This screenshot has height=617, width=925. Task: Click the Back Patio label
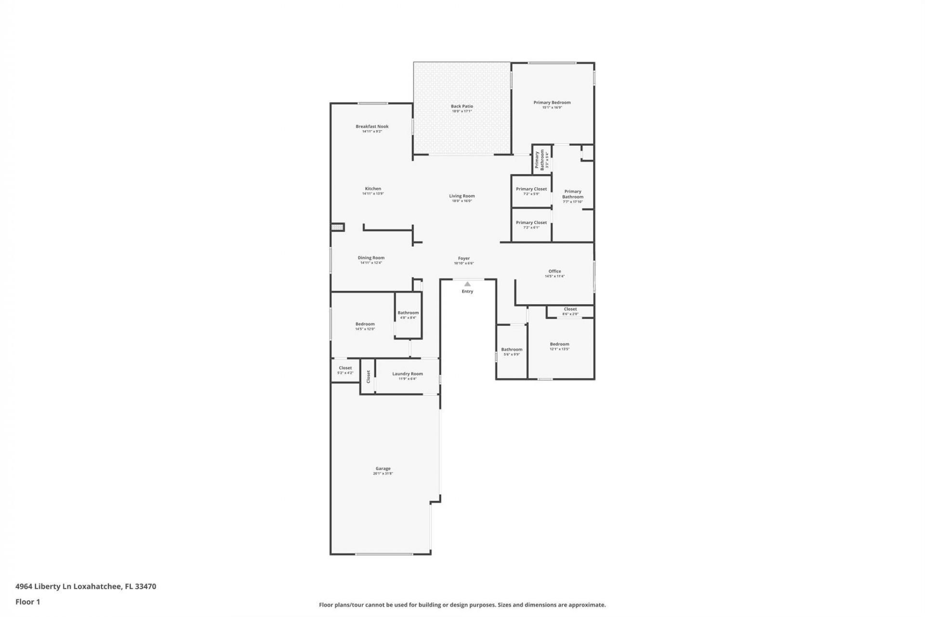[x=462, y=107]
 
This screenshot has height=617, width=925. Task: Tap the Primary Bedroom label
[x=552, y=103]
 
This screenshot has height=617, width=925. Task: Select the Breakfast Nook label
[x=372, y=127]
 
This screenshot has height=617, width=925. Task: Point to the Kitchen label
[x=373, y=189]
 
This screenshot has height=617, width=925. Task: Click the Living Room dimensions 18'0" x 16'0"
[x=462, y=201]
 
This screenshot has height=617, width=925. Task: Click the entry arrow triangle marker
[x=467, y=284]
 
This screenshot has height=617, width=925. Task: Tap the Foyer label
[x=463, y=258]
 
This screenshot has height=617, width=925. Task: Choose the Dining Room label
[x=371, y=258]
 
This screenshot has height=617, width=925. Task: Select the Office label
[x=555, y=271]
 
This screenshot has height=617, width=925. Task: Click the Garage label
[x=383, y=469]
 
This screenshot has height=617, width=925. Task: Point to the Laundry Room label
[x=407, y=374]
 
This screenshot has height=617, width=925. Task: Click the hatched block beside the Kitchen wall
[x=338, y=227]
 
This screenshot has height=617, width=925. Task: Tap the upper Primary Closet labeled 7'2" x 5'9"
[x=531, y=191]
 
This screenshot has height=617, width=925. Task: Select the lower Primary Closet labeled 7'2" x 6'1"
[x=531, y=225]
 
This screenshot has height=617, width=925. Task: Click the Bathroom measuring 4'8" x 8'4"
[x=408, y=315]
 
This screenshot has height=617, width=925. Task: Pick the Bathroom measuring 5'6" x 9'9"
[x=511, y=352]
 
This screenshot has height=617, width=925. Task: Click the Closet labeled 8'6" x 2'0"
[x=570, y=311]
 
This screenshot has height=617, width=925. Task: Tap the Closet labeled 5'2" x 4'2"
[x=345, y=370]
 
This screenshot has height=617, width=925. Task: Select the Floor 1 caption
[x=27, y=602]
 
